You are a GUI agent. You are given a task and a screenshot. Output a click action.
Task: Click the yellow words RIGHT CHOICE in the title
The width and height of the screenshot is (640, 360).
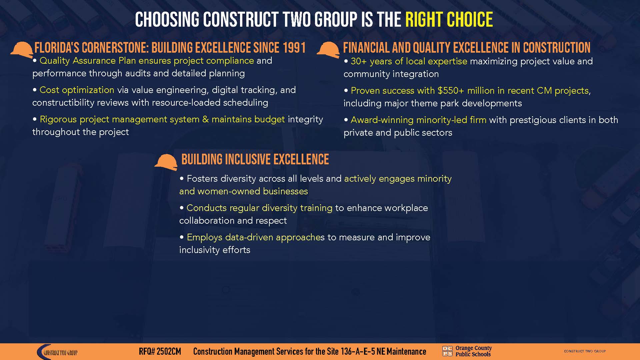coord(449,20)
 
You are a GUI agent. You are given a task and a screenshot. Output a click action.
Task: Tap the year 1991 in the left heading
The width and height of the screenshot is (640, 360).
coord(294,48)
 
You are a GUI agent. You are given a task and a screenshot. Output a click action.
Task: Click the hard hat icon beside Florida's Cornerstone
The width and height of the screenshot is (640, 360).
coord(22,50)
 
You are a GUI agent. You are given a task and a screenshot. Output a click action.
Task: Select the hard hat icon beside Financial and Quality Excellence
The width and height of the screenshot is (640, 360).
coord(328,50)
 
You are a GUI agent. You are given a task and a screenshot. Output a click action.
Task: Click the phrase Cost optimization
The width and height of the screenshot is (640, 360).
coord(77,90)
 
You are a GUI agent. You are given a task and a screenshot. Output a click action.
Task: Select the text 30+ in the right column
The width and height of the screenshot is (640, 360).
coord(359,61)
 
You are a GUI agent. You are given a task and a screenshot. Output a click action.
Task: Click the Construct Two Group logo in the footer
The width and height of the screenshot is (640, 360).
coord(57,352)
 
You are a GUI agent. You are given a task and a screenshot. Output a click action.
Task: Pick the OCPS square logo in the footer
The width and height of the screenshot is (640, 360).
coord(447,351)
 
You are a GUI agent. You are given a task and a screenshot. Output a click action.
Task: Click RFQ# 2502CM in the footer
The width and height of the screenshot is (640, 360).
coord(160,352)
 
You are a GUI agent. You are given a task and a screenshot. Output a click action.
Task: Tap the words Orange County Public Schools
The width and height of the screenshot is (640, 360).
coord(473,351)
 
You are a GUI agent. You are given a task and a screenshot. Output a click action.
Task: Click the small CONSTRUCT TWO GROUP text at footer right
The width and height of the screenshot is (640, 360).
coord(585,351)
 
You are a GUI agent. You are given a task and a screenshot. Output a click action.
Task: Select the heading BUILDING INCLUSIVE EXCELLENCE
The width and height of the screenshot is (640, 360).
coord(255,160)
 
